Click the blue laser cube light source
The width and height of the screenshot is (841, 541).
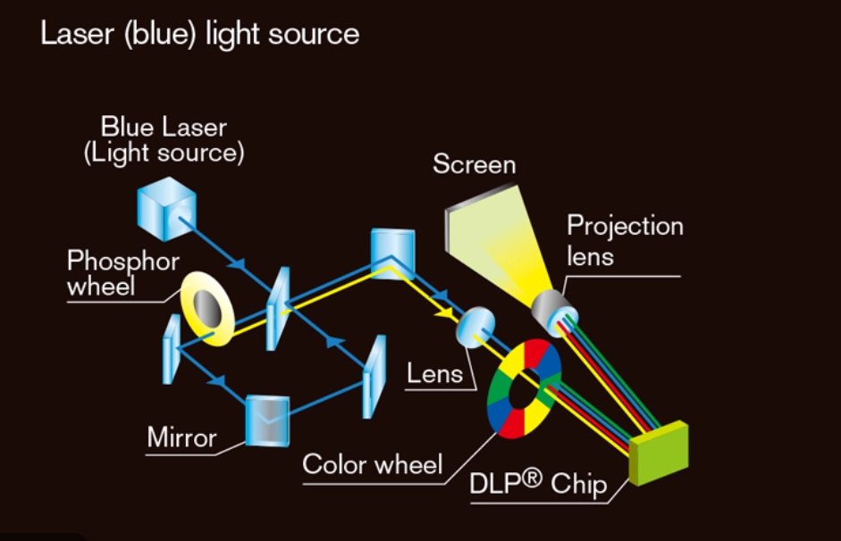tap(166, 209)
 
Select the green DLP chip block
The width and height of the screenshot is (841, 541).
tap(659, 454)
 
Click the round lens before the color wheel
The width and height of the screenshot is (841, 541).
tap(475, 328)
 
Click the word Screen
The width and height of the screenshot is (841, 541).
tap(474, 165)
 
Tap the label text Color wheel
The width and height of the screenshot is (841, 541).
tap(372, 465)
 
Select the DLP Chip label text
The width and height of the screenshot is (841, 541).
tap(538, 484)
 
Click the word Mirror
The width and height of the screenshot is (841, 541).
tap(181, 438)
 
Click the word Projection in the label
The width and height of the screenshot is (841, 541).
tap(625, 226)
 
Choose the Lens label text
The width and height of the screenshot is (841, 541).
tap(435, 373)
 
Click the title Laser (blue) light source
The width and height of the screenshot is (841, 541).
tap(199, 35)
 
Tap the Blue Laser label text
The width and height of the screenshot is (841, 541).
tap(164, 127)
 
